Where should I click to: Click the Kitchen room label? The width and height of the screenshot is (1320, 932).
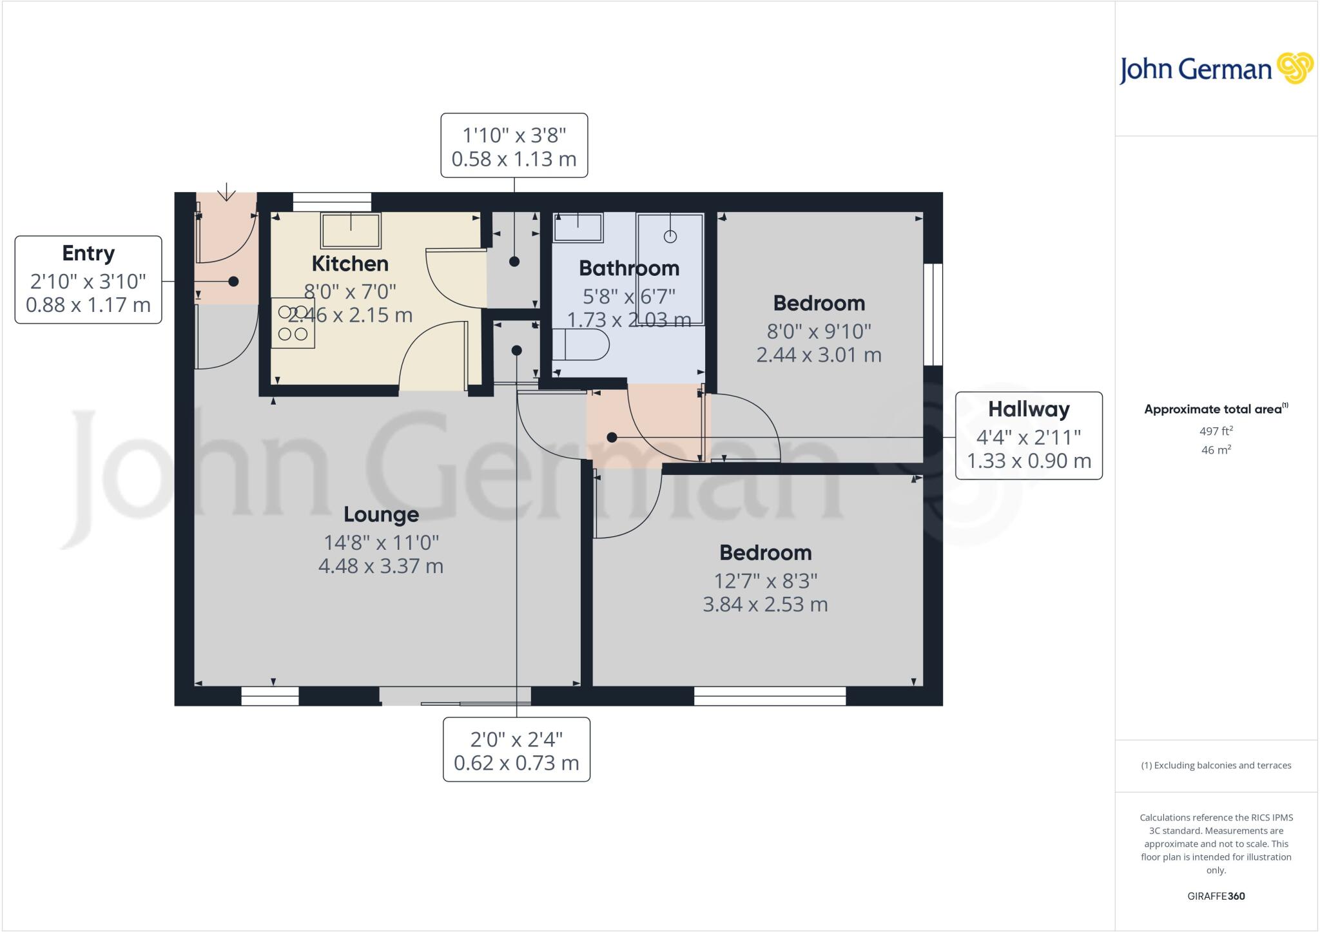pyautogui.click(x=350, y=264)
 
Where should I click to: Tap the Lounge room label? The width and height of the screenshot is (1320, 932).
pyautogui.click(x=381, y=514)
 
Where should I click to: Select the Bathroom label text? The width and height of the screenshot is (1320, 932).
pyautogui.click(x=628, y=268)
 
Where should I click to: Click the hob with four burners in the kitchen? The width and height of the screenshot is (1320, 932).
pyautogui.click(x=293, y=323)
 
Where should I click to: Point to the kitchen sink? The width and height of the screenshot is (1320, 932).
pyautogui.click(x=351, y=230)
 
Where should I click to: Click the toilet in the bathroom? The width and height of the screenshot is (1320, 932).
pyautogui.click(x=581, y=345)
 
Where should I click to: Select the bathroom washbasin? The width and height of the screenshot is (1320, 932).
pyautogui.click(x=578, y=228)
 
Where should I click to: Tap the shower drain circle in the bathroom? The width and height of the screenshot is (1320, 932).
pyautogui.click(x=670, y=237)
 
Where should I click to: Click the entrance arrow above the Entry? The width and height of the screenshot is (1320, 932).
pyautogui.click(x=226, y=192)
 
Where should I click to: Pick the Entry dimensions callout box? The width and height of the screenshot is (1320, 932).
pyautogui.click(x=88, y=280)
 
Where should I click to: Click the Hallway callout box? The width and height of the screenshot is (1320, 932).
pyautogui.click(x=1029, y=436)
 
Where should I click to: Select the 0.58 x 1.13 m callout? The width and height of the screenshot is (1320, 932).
pyautogui.click(x=514, y=146)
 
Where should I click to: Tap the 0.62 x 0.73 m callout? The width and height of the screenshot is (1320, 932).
pyautogui.click(x=516, y=750)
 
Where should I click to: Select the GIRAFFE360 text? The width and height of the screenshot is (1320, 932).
pyautogui.click(x=1216, y=896)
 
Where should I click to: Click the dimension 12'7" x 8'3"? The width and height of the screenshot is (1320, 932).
pyautogui.click(x=765, y=581)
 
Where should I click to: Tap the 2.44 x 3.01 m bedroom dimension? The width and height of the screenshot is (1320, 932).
pyautogui.click(x=819, y=354)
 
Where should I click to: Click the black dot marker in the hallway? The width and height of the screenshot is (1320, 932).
pyautogui.click(x=612, y=438)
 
